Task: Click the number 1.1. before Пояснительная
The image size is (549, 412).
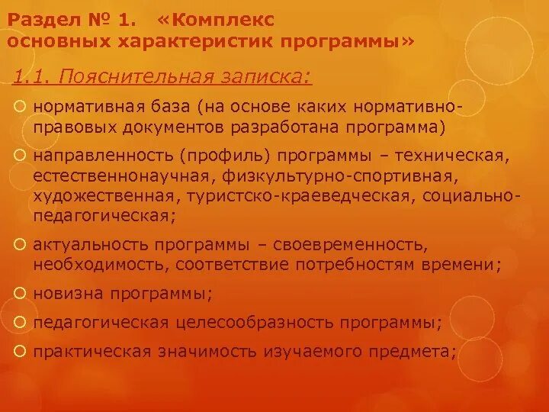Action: pos(32,76)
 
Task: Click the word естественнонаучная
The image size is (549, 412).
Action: pos(121,176)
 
